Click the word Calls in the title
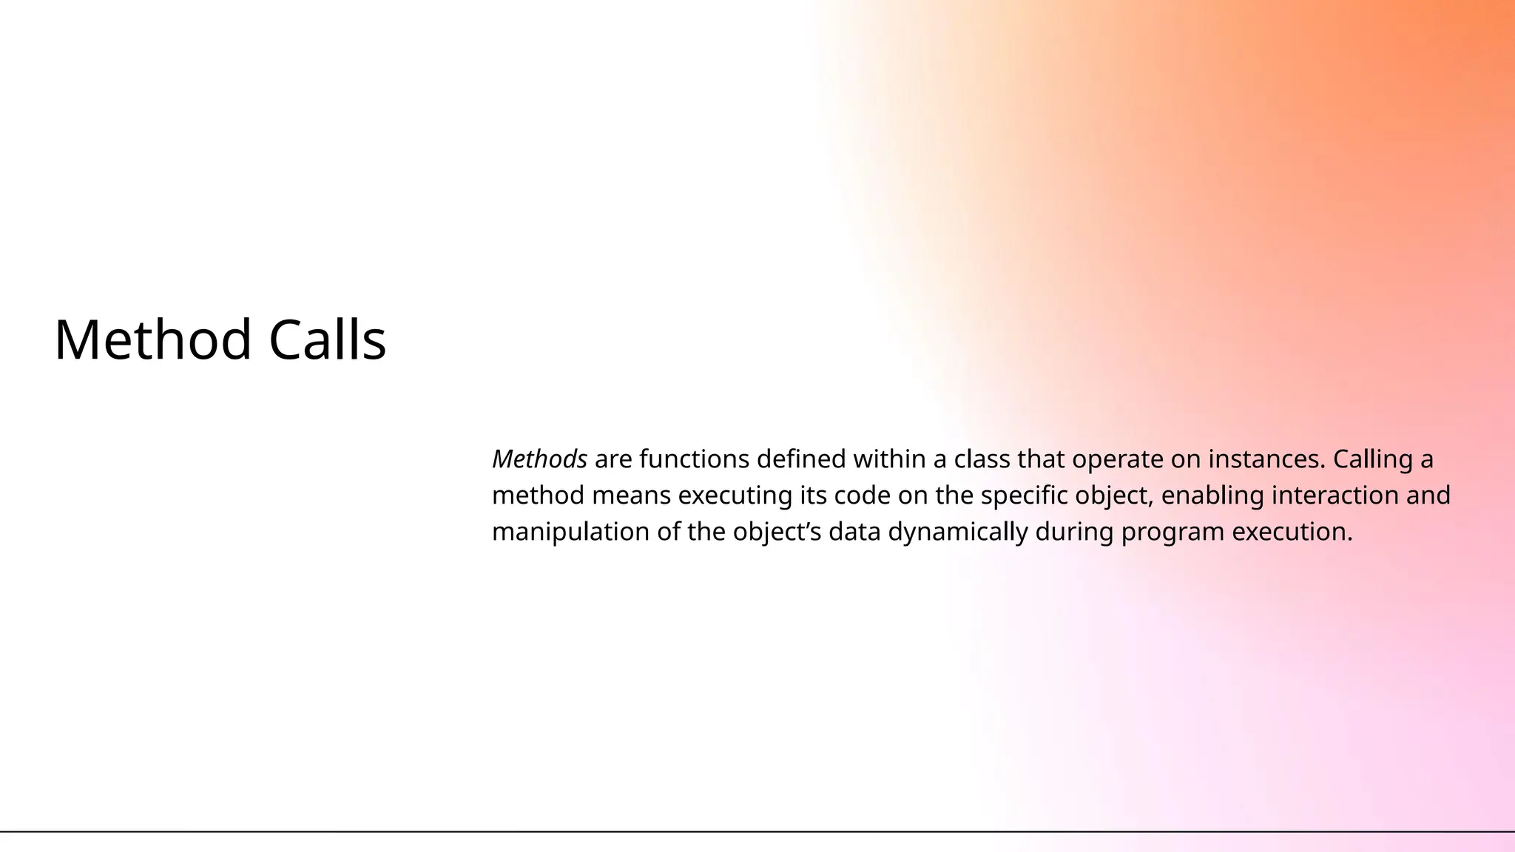[327, 340]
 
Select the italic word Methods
[539, 459]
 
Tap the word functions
[694, 459]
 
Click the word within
[889, 459]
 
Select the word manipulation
[570, 532]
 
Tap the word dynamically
[957, 532]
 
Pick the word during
[1074, 532]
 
